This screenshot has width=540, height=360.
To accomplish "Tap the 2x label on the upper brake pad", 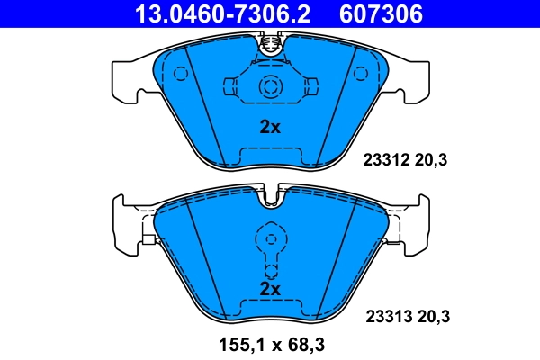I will pyautogui.click(x=270, y=127).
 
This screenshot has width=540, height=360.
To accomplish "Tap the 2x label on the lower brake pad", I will pyautogui.click(x=270, y=289).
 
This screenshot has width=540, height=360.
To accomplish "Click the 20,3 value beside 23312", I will pyautogui.click(x=431, y=161).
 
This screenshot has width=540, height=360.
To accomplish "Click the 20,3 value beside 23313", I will pyautogui.click(x=432, y=316).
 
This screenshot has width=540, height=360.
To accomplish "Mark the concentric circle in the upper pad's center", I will pyautogui.click(x=270, y=86).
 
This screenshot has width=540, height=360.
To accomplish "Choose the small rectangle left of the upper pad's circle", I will pyautogui.click(x=229, y=86).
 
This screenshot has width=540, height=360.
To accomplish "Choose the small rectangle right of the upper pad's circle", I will pyautogui.click(x=310, y=86).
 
